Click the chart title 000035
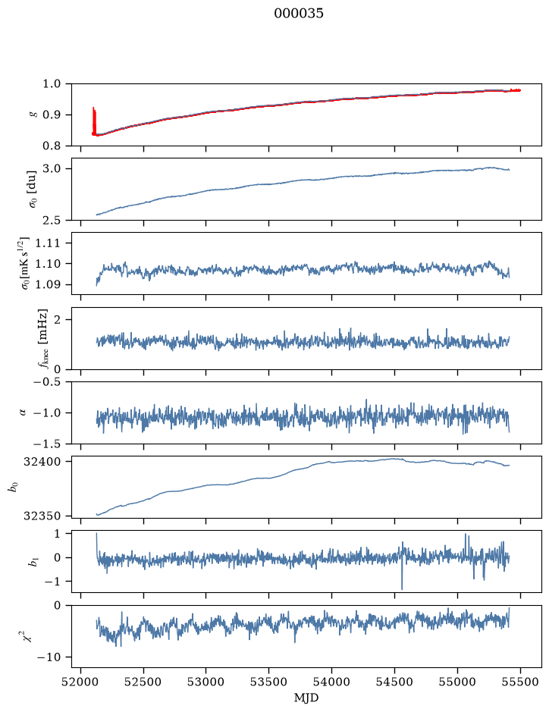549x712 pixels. [x=298, y=14]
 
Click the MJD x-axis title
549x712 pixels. [x=306, y=698]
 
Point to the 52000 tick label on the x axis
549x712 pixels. [x=81, y=682]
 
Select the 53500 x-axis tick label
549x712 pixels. [x=269, y=682]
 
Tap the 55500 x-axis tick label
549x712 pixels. [x=520, y=682]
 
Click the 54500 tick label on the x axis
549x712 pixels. [x=394, y=682]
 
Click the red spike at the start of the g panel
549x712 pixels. [x=94, y=121]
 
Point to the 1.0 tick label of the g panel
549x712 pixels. [x=52, y=84]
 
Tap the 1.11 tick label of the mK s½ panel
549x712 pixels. [x=47, y=243]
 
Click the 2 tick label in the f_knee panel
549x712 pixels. [x=56, y=320]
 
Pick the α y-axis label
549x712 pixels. [x=23, y=412]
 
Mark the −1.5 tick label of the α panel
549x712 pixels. [x=47, y=444]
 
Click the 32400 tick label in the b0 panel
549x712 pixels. [x=42, y=462]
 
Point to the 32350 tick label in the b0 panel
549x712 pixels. [x=42, y=516]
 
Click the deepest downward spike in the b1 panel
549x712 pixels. [x=402, y=588]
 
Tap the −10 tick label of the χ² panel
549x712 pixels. [x=49, y=657]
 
